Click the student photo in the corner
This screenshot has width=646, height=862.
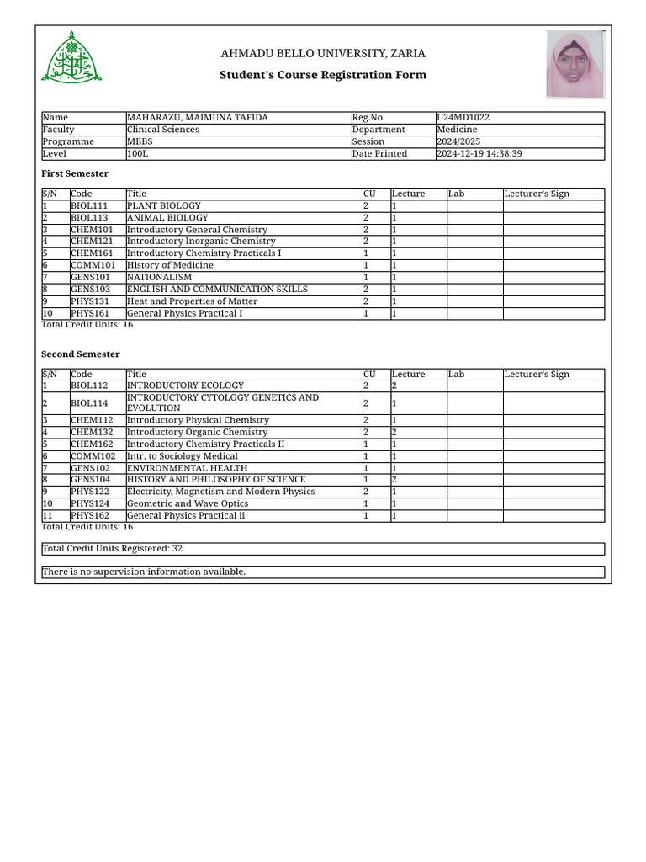click(575, 65)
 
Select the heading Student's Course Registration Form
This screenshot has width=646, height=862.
click(323, 75)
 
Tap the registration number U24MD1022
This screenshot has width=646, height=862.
click(463, 118)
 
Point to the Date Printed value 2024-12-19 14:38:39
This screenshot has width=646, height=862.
click(479, 154)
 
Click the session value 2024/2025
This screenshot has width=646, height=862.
click(457, 141)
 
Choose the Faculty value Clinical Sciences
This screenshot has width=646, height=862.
click(163, 130)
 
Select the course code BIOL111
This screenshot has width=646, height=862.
click(89, 205)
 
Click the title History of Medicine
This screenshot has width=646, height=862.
click(170, 265)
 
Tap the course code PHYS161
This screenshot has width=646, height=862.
click(90, 314)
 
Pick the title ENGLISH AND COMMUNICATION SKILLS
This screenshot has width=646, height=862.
click(217, 290)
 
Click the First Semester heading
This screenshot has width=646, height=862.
click(75, 173)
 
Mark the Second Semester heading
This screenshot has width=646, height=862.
click(81, 354)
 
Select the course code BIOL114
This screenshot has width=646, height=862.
click(89, 403)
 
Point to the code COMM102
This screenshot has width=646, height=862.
click(93, 456)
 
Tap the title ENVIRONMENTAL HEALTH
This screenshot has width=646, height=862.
click(187, 468)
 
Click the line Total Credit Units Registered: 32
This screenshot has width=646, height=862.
click(113, 549)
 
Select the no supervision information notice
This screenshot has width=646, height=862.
click(144, 572)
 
